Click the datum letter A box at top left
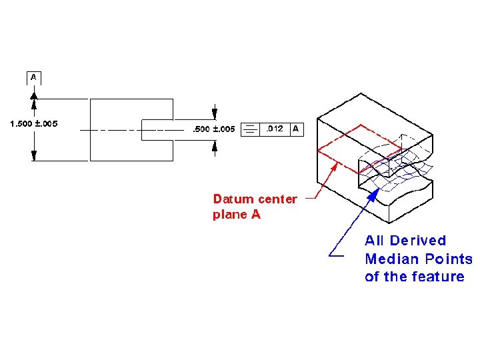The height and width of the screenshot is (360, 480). tap(34, 77)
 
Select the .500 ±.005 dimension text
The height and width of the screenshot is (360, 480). tap(213, 129)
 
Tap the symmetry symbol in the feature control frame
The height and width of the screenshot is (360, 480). tap(249, 129)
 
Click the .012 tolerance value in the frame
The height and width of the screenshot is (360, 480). tap(274, 129)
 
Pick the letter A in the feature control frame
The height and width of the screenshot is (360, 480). tap(295, 129)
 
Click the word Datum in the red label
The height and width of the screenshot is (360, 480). tap(233, 199)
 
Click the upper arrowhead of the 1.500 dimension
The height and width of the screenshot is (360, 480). tap(34, 94)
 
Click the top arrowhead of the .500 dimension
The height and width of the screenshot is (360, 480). tap(214, 115)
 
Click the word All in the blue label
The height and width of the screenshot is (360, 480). tap(374, 241)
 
